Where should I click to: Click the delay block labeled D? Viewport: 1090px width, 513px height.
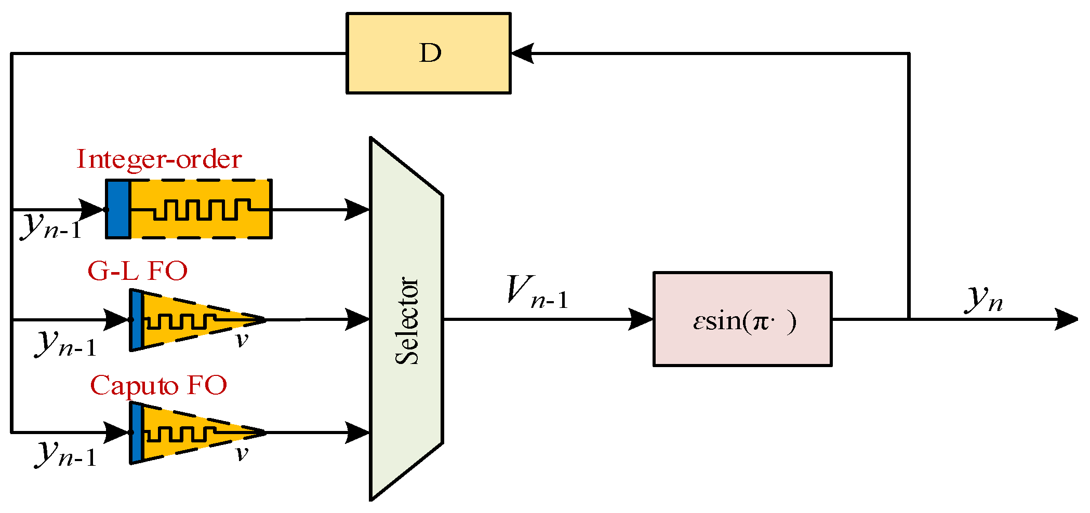point(429,53)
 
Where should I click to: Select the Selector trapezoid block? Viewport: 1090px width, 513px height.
point(406,319)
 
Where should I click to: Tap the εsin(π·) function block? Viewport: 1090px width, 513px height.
point(742,319)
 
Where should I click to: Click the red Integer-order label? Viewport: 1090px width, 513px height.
point(159,159)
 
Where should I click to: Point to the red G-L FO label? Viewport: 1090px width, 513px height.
point(137,271)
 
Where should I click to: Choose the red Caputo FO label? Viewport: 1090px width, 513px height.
point(158,386)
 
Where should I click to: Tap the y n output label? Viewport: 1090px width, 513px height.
point(984,299)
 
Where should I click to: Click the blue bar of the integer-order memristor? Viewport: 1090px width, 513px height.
point(118,209)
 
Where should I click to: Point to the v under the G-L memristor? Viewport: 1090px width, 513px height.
point(242,341)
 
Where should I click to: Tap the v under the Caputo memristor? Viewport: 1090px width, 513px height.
point(242,454)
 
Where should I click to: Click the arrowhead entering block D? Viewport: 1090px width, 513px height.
point(522,53)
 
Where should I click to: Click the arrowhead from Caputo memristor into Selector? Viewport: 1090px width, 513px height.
point(357,432)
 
